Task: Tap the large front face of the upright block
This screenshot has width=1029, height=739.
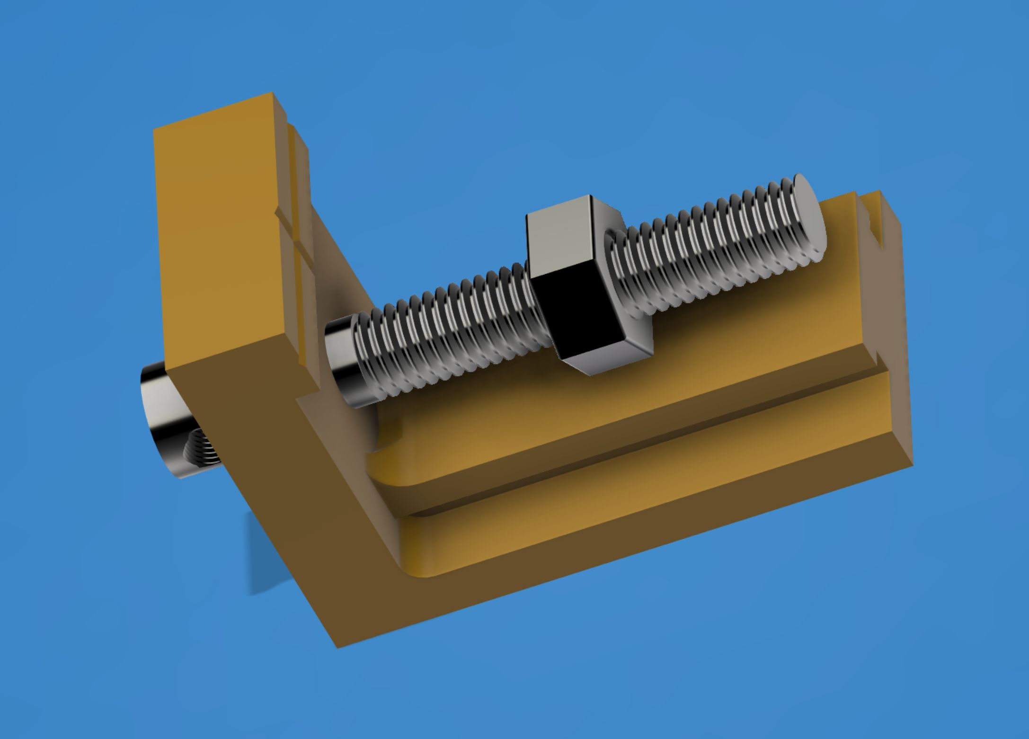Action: [222, 237]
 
